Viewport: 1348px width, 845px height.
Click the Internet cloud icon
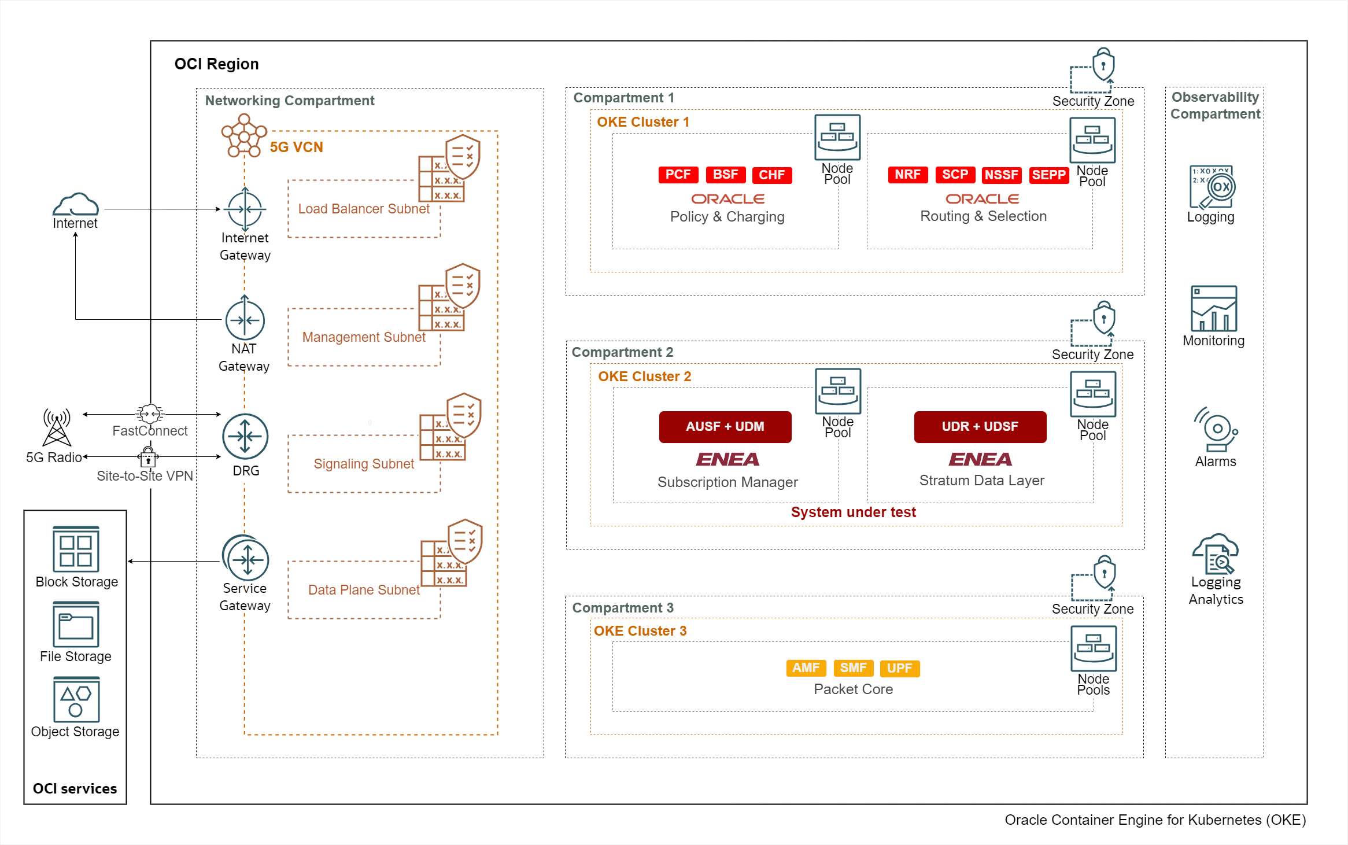pos(76,204)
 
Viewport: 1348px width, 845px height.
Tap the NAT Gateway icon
pos(245,320)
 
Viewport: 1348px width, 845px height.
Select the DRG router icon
pos(245,437)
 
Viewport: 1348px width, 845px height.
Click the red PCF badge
pos(678,175)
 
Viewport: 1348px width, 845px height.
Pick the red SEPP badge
pos(1048,175)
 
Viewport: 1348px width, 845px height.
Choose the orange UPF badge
pos(899,668)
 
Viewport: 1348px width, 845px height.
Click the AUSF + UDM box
pos(725,427)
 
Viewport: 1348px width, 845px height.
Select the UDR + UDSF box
pos(980,427)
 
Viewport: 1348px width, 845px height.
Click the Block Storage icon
pos(76,549)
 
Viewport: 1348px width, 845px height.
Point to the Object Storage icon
pos(76,699)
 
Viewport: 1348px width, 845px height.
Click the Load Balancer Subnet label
pos(364,209)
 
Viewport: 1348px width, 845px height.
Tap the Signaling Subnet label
pos(364,464)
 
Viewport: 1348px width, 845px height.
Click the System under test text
pos(853,512)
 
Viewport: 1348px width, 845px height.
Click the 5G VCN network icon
pos(244,135)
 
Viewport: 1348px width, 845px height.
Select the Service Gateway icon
pos(246,559)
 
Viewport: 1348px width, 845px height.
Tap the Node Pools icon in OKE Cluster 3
pos(1093,648)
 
